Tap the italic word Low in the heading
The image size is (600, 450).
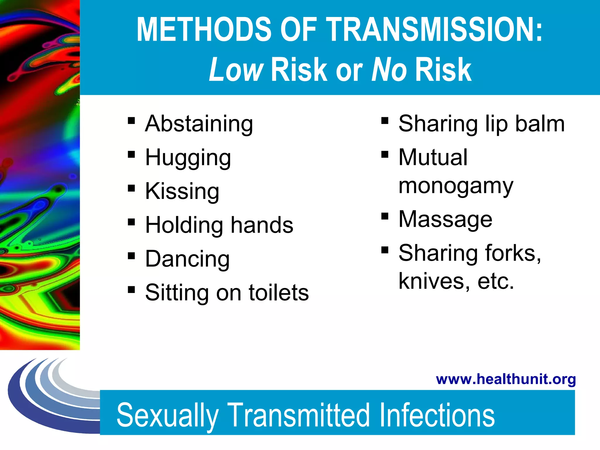[236, 69]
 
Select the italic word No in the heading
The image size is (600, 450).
[389, 69]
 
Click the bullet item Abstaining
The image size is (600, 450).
[199, 124]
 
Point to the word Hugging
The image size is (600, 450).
[188, 158]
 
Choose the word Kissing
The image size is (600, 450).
[182, 191]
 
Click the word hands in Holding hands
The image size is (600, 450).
[262, 225]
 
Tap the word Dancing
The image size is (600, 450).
[187, 259]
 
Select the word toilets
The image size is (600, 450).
[279, 292]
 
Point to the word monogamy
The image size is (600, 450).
[456, 186]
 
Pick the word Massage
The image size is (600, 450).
[445, 219]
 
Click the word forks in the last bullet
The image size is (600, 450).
[513, 253]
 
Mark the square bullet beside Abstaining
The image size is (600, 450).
[131, 120]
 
